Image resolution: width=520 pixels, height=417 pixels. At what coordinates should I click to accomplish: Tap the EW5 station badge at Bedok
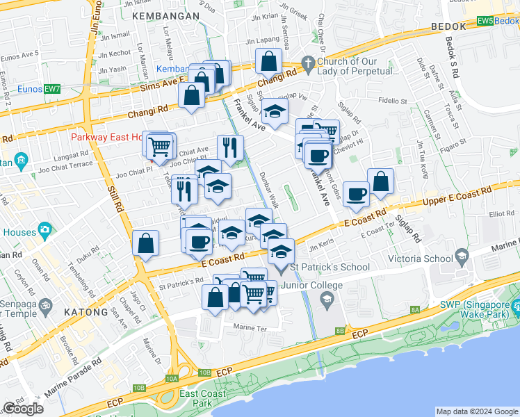pos(485,22)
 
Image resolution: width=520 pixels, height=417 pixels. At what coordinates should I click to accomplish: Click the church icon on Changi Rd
pos(309,63)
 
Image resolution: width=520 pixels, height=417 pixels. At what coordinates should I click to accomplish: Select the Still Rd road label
pos(115,196)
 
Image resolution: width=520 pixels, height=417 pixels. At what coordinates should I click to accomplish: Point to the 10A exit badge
pos(172,378)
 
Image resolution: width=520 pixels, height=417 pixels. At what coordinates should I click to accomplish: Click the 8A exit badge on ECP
pos(415,309)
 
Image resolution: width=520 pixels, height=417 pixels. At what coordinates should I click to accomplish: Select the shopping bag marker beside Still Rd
pos(145,244)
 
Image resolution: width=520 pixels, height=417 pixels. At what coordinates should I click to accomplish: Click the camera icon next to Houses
pos(45,229)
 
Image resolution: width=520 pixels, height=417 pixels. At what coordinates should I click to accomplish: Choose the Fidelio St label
pos(392,100)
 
